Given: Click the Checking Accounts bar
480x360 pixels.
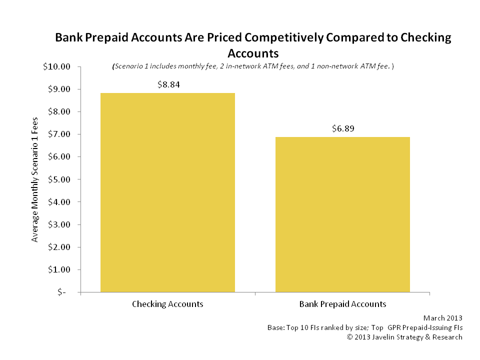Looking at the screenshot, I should [x=167, y=192].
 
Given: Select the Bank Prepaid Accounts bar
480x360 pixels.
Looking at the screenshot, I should [x=342, y=214].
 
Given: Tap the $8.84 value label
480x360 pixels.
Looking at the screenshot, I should [x=168, y=84].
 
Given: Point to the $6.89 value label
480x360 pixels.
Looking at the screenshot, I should [x=343, y=128].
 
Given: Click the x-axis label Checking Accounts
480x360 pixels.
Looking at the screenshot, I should [x=167, y=304].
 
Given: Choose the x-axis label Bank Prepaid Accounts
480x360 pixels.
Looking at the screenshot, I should [x=342, y=304].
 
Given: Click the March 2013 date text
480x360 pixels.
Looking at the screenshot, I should [x=442, y=317].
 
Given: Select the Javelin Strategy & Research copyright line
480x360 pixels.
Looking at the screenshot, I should [x=404, y=337].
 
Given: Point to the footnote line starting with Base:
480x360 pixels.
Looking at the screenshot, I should [x=365, y=327].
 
